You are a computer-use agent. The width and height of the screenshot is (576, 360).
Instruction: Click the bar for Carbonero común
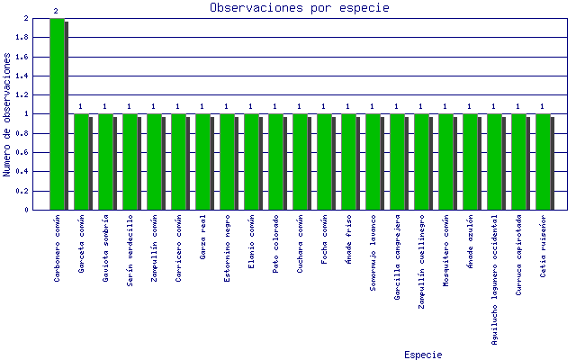coord(58,114)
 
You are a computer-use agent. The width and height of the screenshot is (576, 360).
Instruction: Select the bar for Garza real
coord(202,162)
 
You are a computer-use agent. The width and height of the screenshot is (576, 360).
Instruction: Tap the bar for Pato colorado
coord(275,162)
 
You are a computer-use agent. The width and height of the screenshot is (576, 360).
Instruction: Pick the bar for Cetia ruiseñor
coord(543,162)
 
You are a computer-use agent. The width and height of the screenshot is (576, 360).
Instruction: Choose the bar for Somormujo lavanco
coord(373,162)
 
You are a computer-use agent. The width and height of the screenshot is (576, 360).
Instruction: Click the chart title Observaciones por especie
coord(299,7)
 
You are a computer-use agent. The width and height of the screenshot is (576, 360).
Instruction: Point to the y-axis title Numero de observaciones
coord(7,113)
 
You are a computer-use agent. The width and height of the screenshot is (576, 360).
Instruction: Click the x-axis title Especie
coord(423,355)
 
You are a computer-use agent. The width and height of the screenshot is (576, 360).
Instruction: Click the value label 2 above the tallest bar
coord(56,11)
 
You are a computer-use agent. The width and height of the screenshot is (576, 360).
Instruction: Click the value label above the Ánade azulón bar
coord(470,106)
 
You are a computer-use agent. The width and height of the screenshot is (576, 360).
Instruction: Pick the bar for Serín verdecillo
coord(130,162)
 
